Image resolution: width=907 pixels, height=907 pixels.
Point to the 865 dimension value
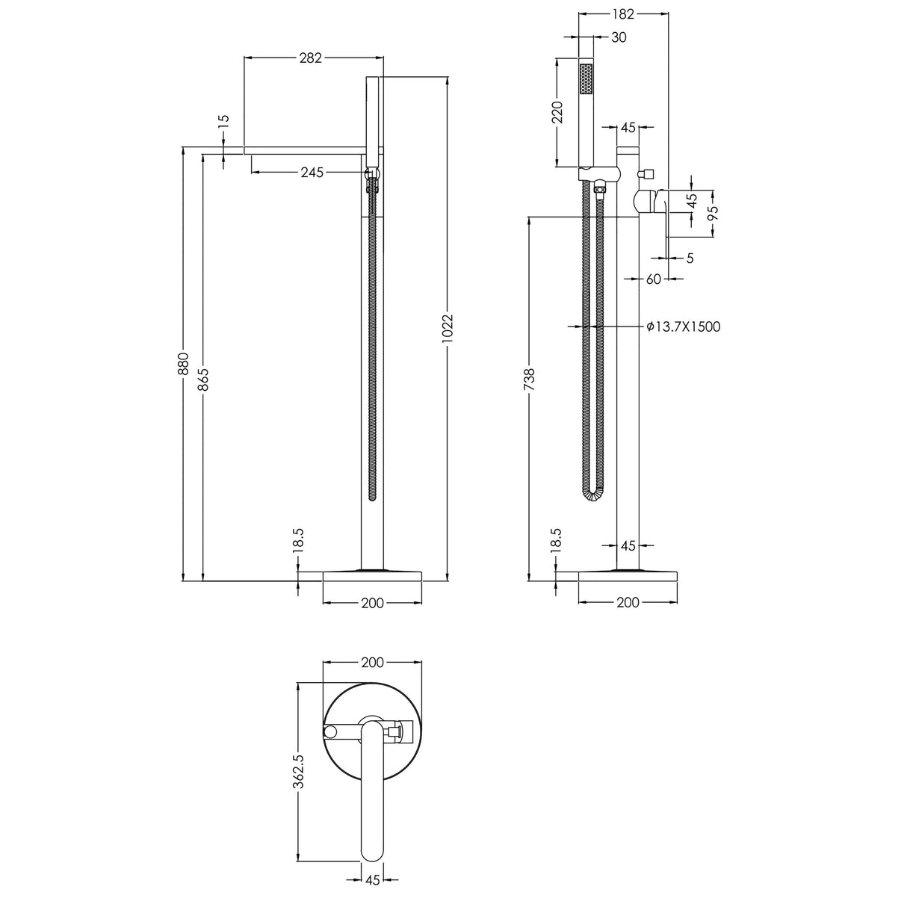[203, 378]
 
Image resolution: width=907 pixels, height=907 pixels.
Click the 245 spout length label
[311, 173]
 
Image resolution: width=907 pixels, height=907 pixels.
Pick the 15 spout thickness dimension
[223, 121]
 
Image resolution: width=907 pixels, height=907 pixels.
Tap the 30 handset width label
[619, 37]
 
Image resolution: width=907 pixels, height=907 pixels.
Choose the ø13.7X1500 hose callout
[684, 326]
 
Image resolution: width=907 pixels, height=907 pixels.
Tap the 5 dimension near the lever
[690, 258]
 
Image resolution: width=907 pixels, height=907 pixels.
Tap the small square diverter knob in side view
[647, 174]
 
